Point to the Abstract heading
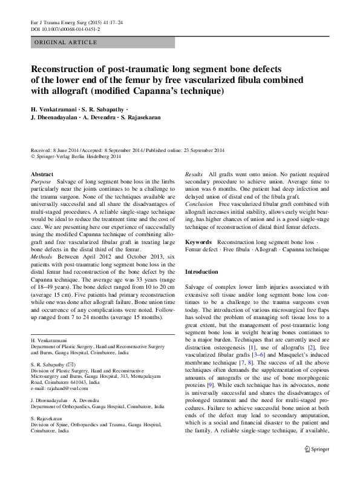42,174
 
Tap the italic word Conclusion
199,204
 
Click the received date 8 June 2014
67,150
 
